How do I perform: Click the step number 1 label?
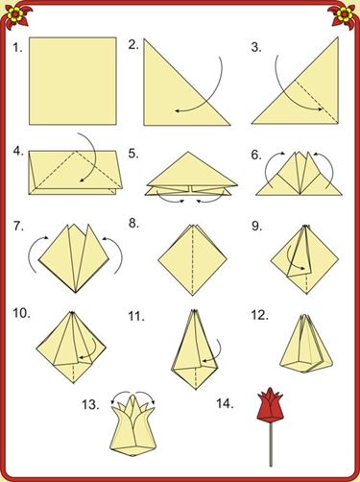(17, 48)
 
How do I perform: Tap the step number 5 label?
(133, 154)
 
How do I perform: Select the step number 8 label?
(133, 224)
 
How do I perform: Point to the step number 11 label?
(136, 316)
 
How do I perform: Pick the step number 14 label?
(225, 403)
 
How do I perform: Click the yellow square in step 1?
(73, 81)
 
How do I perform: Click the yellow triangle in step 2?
(187, 83)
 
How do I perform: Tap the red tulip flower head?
(271, 406)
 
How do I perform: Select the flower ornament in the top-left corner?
(16, 14)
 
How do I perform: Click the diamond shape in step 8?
(192, 259)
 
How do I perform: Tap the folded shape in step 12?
(306, 344)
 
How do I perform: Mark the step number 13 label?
(90, 405)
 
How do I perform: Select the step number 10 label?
(22, 313)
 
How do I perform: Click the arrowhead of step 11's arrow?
(204, 361)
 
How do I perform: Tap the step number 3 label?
(256, 47)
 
